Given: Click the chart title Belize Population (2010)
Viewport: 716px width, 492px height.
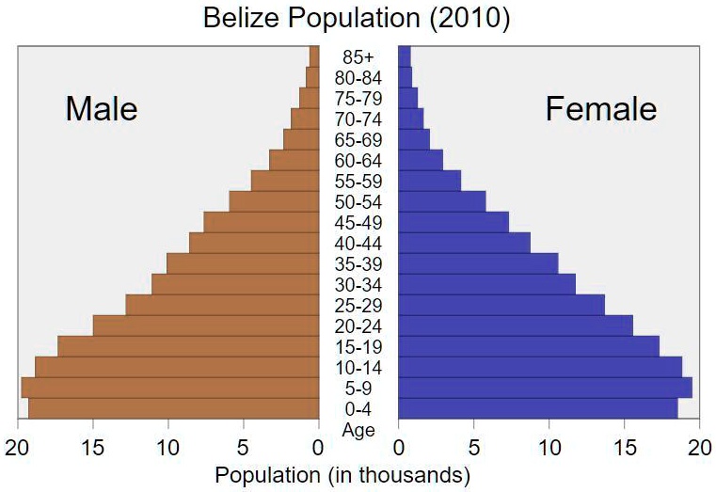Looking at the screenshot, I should point(357,20).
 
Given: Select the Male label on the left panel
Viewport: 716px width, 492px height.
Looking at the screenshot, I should point(102,109).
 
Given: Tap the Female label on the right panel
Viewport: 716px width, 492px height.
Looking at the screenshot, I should point(601,109).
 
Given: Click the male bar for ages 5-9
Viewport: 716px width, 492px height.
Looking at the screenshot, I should point(170,388).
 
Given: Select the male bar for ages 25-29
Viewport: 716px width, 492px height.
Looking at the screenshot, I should point(222,305).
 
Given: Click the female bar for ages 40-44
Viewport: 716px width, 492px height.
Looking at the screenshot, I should point(464,243).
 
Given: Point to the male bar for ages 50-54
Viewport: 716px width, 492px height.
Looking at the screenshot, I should point(274,201).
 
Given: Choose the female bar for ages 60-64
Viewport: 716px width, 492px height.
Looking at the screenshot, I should point(421,160).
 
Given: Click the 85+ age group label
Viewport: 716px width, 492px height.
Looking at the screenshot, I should point(358,57).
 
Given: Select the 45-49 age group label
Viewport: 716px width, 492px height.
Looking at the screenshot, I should point(358,223).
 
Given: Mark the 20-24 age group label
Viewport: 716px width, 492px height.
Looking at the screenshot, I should point(358,326).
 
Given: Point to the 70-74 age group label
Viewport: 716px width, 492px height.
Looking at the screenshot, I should point(358,119).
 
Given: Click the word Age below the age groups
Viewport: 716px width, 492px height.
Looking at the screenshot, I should point(358,430).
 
